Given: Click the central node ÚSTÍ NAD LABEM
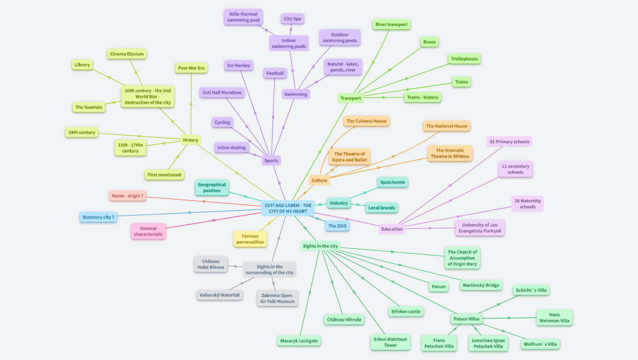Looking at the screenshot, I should point(288,208).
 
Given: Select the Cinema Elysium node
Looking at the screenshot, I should point(127,54).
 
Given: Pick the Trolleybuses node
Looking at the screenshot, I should point(464,59).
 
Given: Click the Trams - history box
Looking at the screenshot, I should point(422,97).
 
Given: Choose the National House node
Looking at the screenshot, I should point(446,126).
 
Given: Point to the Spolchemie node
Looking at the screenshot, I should point(393,182).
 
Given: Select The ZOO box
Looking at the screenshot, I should point(338,226).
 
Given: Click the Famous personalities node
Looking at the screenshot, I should point(250,239).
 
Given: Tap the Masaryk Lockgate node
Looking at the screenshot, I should point(299,341).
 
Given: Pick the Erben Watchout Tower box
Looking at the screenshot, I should point(390,342).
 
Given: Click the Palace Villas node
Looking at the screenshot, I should point(466,319).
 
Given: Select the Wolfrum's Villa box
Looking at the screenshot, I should point(540,344).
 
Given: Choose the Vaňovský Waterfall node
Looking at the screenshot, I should point(220,295).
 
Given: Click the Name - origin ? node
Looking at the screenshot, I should point(127,196).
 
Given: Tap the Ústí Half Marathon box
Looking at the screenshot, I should point(222,93).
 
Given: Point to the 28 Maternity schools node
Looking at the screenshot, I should point(527,204).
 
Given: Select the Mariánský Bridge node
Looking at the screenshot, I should point(481,285).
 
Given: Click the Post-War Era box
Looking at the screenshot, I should point(191,68).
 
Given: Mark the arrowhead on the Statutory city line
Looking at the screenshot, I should point(189,213).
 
